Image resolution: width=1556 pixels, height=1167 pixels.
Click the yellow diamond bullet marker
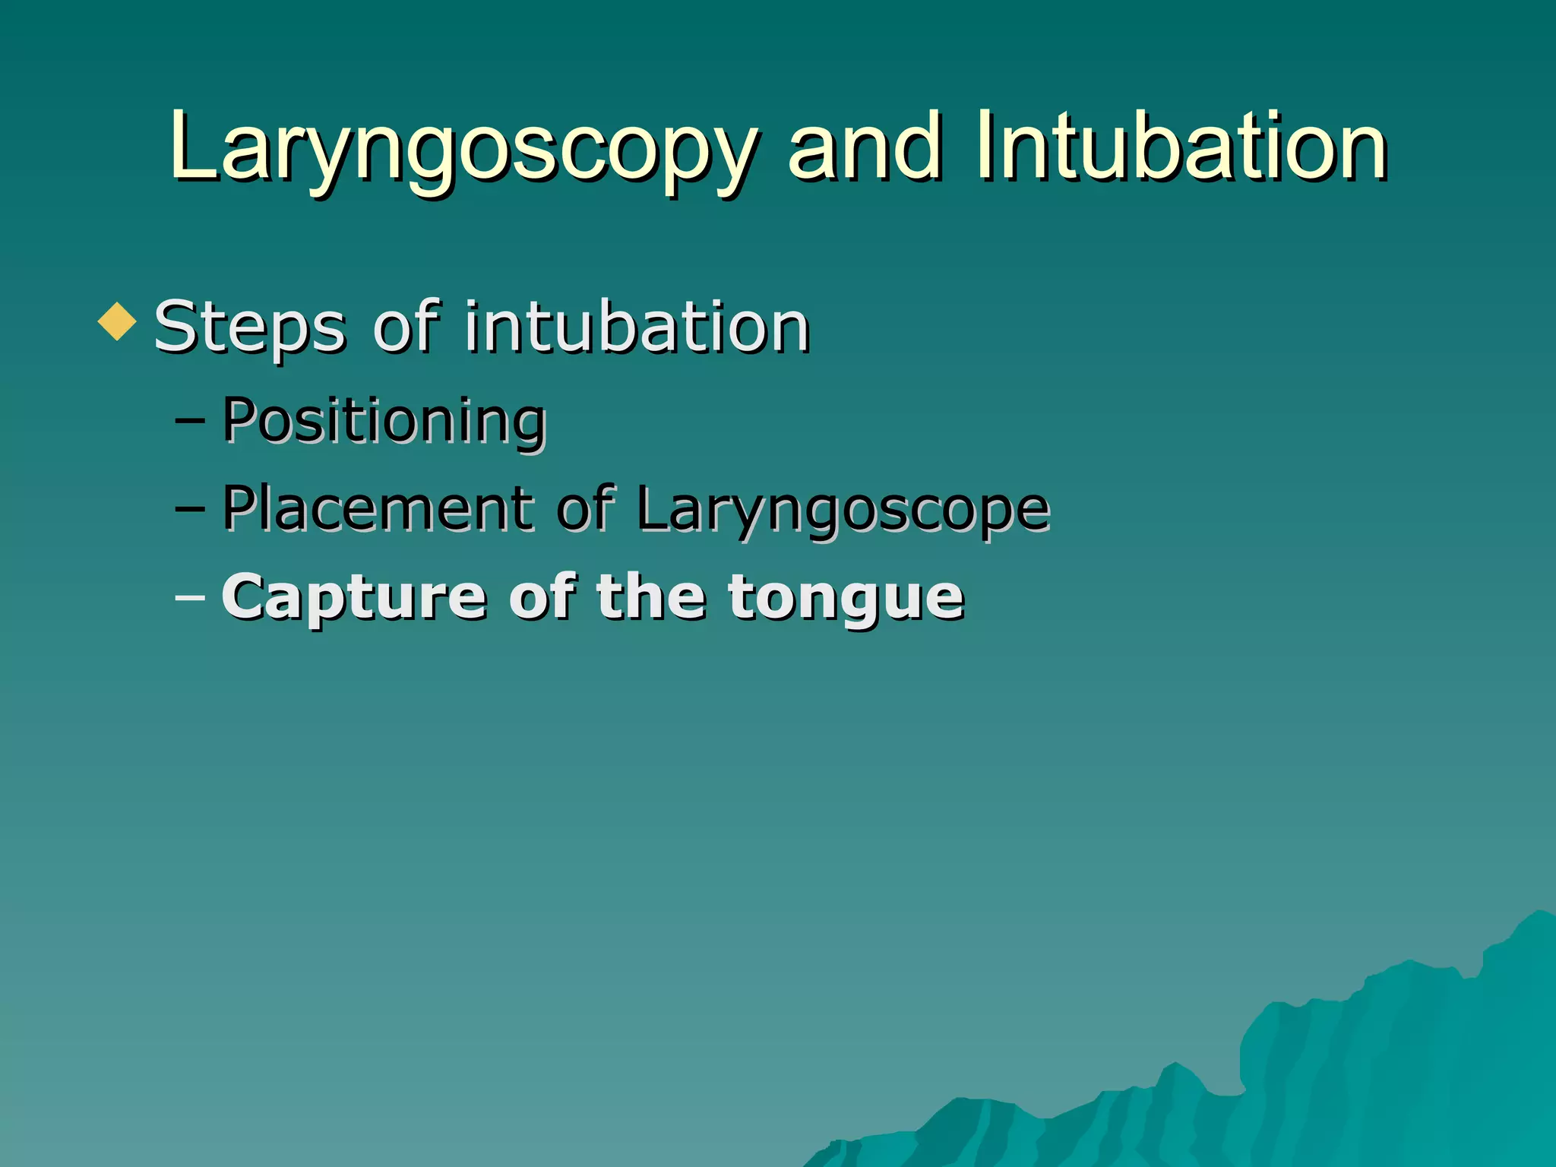click(117, 321)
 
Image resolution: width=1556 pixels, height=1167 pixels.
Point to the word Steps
click(250, 328)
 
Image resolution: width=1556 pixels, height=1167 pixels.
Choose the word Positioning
click(384, 421)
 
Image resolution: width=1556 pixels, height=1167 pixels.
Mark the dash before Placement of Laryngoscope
click(189, 508)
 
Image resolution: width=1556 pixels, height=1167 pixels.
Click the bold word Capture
click(354, 599)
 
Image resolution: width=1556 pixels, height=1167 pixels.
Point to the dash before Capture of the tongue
click(189, 597)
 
